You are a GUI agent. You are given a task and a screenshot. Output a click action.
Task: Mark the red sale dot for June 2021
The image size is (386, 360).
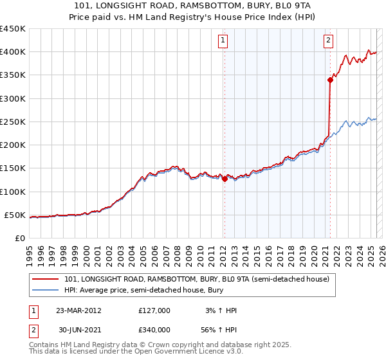(x=330, y=80)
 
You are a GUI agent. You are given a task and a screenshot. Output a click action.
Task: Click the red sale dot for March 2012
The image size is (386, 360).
(x=225, y=179)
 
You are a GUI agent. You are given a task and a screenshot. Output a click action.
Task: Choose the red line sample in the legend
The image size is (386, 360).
(x=46, y=279)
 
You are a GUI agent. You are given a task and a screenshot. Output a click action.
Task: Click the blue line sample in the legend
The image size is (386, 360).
(x=46, y=291)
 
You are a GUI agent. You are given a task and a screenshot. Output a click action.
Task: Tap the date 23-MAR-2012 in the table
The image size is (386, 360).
(x=79, y=310)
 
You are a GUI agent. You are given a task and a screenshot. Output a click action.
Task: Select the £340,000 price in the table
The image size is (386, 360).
(x=154, y=332)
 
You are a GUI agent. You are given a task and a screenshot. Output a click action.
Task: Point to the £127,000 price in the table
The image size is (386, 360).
(x=154, y=310)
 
